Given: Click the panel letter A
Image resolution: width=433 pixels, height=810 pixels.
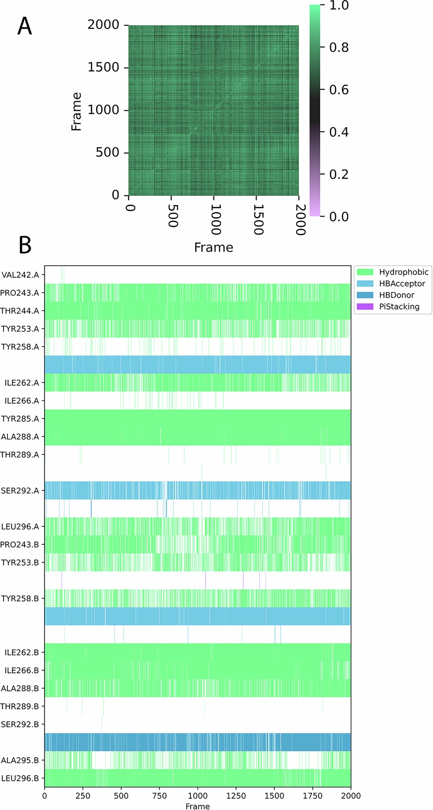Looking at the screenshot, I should click(25, 27).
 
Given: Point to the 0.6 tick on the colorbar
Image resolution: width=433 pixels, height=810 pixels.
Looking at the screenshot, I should click(339, 90).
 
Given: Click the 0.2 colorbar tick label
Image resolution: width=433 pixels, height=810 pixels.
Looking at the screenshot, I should click(339, 175).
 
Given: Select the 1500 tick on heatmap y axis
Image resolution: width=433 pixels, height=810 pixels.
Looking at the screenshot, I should click(103, 67).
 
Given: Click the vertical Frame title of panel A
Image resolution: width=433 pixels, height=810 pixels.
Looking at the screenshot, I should click(76, 111).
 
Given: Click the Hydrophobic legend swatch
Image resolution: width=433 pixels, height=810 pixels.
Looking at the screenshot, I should click(365, 272).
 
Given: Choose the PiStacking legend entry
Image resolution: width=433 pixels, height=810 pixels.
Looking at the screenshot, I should click(399, 306).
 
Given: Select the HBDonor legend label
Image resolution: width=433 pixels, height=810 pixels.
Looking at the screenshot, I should click(397, 295).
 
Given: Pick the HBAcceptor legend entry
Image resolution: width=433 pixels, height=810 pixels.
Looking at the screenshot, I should click(402, 284).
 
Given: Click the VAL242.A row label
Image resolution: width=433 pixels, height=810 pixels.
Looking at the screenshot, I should click(20, 275).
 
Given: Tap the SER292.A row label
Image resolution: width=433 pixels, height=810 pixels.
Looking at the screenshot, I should click(20, 490).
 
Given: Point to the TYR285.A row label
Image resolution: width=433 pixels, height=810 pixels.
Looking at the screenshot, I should click(20, 419).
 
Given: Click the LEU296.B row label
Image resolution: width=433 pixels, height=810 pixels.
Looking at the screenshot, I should click(20, 778).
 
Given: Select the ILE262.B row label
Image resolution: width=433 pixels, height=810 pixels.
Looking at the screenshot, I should click(22, 652).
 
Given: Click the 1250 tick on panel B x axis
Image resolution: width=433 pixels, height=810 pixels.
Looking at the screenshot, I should click(236, 796).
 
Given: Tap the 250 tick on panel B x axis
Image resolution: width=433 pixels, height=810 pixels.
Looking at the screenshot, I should click(83, 796).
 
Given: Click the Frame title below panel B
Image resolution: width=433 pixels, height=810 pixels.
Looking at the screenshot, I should click(197, 806).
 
